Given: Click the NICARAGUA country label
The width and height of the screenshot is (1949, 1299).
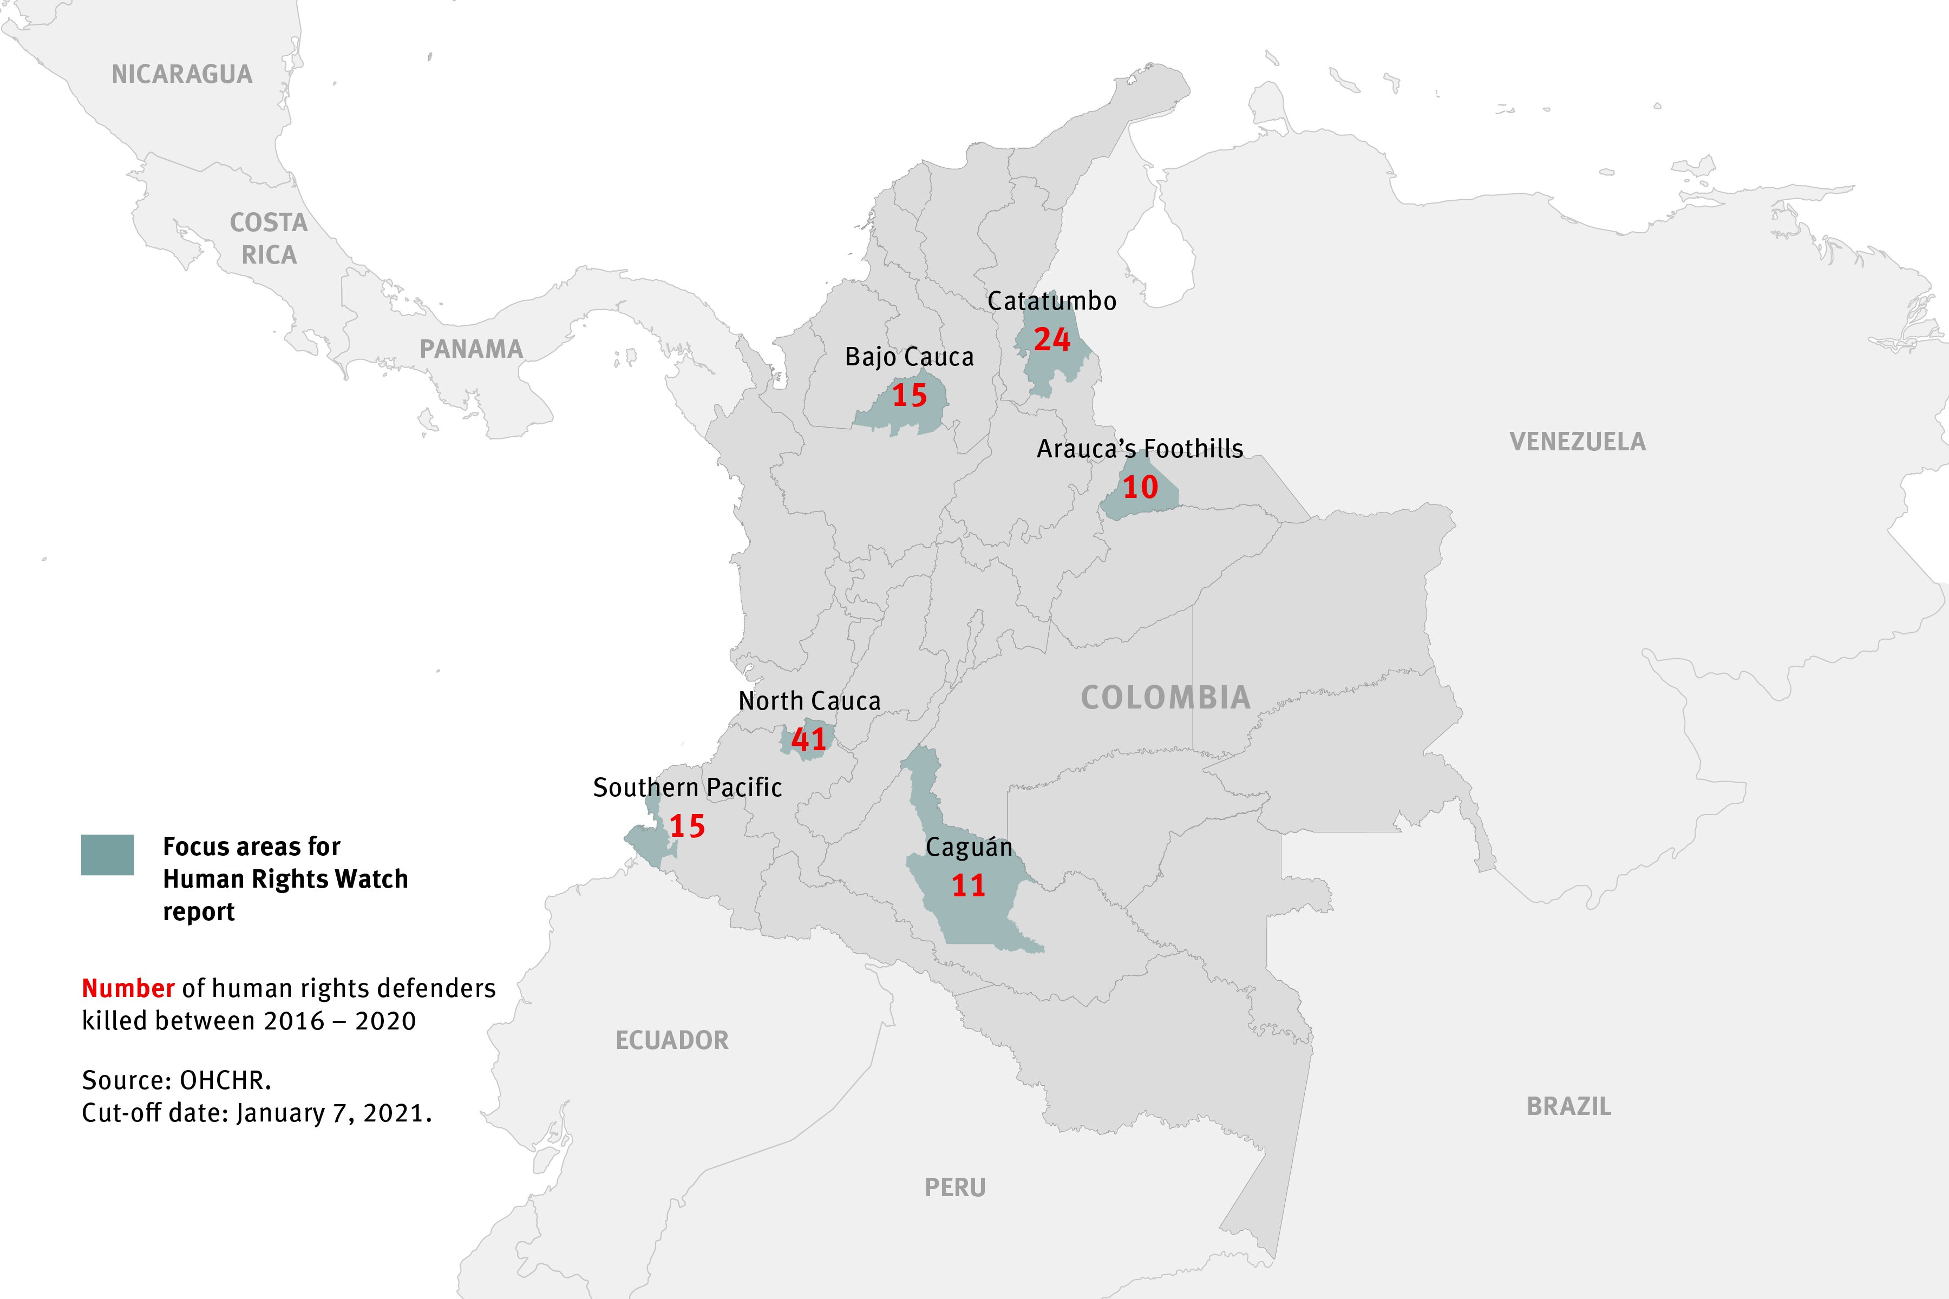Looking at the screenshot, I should tap(181, 75).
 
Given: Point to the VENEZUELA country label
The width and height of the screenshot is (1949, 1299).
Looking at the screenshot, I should tap(1577, 442).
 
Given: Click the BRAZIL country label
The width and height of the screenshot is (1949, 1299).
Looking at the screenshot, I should tap(1568, 1106).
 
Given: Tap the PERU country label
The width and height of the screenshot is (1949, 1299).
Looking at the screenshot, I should tap(954, 1187).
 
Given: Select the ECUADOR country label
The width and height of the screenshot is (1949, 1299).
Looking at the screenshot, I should tap(671, 1040).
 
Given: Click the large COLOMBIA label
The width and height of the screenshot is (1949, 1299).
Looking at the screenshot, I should tap(1165, 698).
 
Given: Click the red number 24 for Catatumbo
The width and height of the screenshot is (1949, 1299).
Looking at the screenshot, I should tap(1051, 340).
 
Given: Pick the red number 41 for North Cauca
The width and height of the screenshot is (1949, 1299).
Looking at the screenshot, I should tap(809, 739).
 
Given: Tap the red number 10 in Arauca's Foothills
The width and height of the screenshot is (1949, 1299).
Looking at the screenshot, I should tap(1140, 487).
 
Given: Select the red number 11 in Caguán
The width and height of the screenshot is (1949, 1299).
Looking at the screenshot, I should tap(968, 885).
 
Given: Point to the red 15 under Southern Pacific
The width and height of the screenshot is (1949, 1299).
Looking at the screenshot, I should tap(687, 826).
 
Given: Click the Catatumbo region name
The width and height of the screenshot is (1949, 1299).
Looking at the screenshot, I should tap(1051, 301).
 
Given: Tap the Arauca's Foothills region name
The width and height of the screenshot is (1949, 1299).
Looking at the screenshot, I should tap(1140, 449).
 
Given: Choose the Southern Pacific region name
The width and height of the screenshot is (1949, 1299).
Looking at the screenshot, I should tap(687, 787).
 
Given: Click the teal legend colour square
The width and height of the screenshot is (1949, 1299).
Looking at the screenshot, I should tap(107, 854).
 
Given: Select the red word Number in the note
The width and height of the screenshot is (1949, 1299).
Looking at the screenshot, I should tap(128, 988).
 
